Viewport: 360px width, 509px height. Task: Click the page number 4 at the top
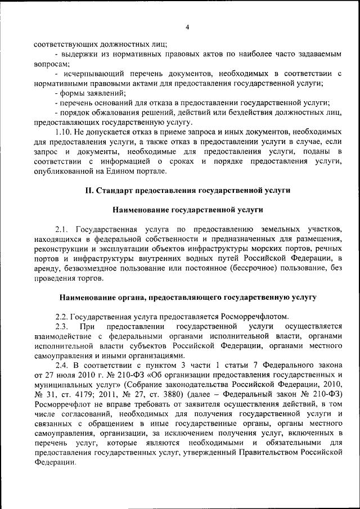click(187, 28)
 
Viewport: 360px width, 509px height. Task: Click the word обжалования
click(112, 112)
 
